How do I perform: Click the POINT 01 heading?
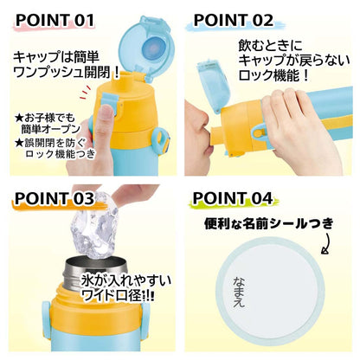point(54,18)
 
